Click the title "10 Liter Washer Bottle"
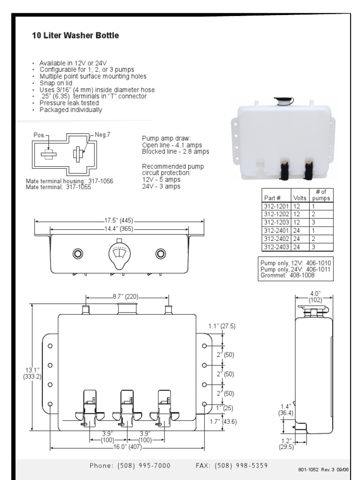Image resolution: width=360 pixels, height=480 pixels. pyautogui.click(x=75, y=36)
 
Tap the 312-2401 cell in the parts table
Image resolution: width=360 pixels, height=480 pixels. pyautogui.click(x=276, y=230)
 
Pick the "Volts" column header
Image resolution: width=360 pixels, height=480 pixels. pyautogui.click(x=299, y=198)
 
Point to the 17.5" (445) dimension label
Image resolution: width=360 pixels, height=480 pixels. pyautogui.click(x=119, y=220)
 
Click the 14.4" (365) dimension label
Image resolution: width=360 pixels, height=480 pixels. pyautogui.click(x=119, y=229)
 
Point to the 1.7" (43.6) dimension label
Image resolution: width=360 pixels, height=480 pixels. pyautogui.click(x=223, y=421)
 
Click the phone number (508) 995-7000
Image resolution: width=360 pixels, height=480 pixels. pyautogui.click(x=130, y=465)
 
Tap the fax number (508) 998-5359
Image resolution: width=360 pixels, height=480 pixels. pyautogui.click(x=232, y=465)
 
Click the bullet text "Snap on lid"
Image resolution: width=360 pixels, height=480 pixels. pyautogui.click(x=59, y=82)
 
